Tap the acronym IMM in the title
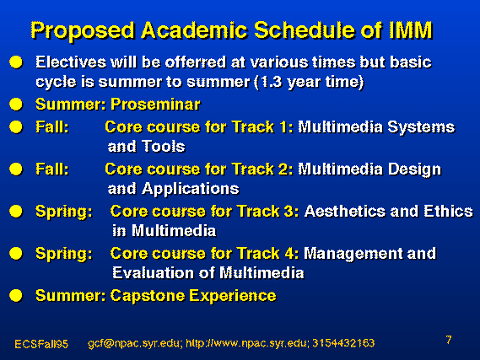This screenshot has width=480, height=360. pos(411,30)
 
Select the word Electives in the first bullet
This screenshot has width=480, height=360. pos(71,62)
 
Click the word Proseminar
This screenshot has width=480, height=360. pos(155,105)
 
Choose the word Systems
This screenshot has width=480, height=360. pos(421,127)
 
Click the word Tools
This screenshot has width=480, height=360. pos(164,146)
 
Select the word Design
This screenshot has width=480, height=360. pos(414,170)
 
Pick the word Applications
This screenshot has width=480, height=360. pos(191,189)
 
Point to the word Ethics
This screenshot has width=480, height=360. pos(448,212)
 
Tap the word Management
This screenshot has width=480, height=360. pos(353,254)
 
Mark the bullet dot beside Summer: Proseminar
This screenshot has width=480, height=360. pos(16,105)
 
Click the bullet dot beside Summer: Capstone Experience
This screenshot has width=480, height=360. pos(16,296)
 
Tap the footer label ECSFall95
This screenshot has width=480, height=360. pos(41,344)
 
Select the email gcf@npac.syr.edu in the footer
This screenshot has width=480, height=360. pos(133,343)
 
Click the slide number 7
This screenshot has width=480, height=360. pos(449,340)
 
